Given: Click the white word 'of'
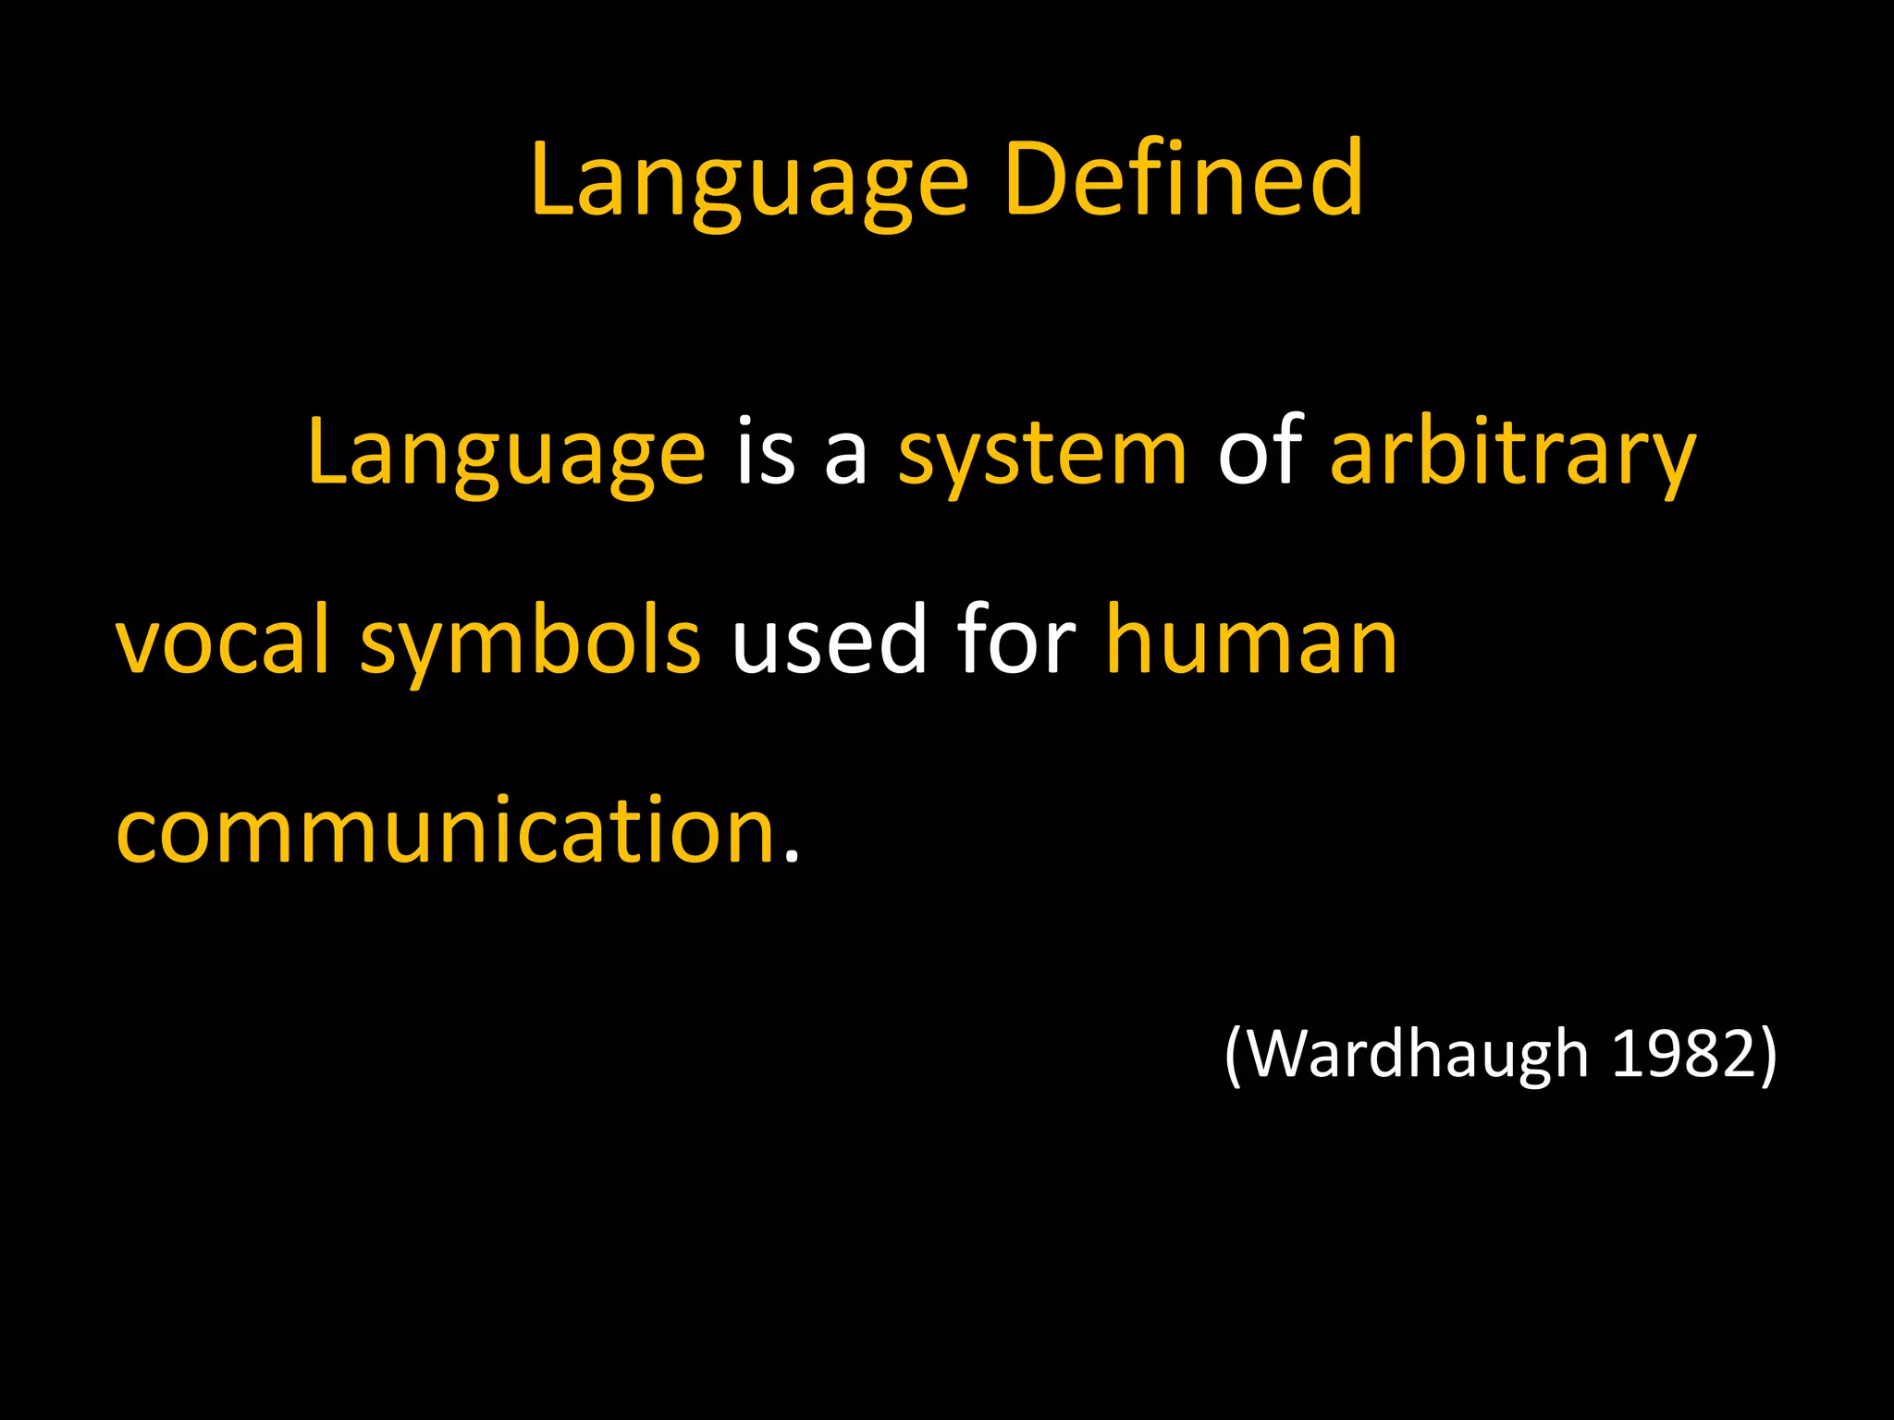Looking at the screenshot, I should click(1260, 451).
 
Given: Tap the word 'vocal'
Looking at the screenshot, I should click(222, 640).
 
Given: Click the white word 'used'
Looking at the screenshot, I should click(829, 640).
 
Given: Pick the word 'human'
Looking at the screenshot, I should click(1251, 640).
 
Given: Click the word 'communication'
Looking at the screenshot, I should click(445, 830).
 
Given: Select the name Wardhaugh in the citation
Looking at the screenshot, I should click(1420, 1054).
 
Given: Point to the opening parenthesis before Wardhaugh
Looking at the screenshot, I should click(1233, 1055).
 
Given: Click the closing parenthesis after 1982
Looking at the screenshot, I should click(1767, 1055).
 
